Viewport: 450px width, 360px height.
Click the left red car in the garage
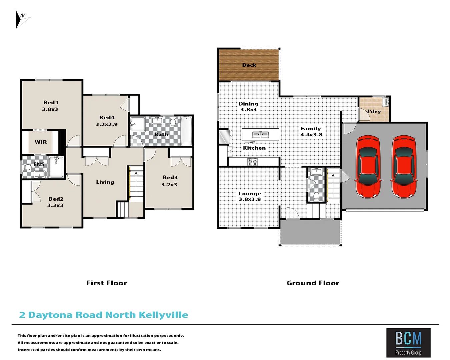368,166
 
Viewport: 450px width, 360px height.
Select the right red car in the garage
404,166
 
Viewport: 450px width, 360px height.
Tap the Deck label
249,65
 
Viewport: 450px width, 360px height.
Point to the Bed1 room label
51,103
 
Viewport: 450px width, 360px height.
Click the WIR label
41,142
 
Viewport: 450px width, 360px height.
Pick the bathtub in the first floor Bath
186,131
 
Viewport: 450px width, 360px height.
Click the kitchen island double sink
260,135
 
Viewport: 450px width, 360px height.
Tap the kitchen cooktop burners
252,162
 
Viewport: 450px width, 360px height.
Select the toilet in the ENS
27,166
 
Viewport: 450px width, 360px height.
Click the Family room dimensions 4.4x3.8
311,135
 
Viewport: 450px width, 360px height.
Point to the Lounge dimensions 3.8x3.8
250,199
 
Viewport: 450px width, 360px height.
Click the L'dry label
374,112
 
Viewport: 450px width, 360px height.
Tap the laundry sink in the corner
385,102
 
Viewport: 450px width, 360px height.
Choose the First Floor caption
107,283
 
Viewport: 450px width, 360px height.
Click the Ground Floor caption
313,283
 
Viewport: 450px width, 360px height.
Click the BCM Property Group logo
408,343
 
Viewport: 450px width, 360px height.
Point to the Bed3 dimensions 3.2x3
169,185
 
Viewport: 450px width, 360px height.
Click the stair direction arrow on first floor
136,173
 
